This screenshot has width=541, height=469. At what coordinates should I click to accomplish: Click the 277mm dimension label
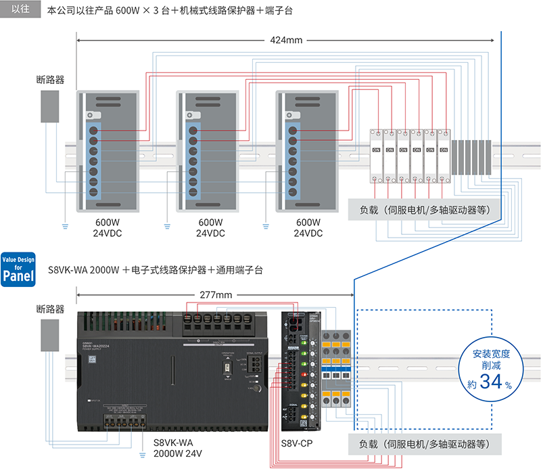click(216, 295)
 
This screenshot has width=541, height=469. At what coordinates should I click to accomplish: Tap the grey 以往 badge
click(20, 9)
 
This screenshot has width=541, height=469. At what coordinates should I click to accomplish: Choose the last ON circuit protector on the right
click(444, 156)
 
